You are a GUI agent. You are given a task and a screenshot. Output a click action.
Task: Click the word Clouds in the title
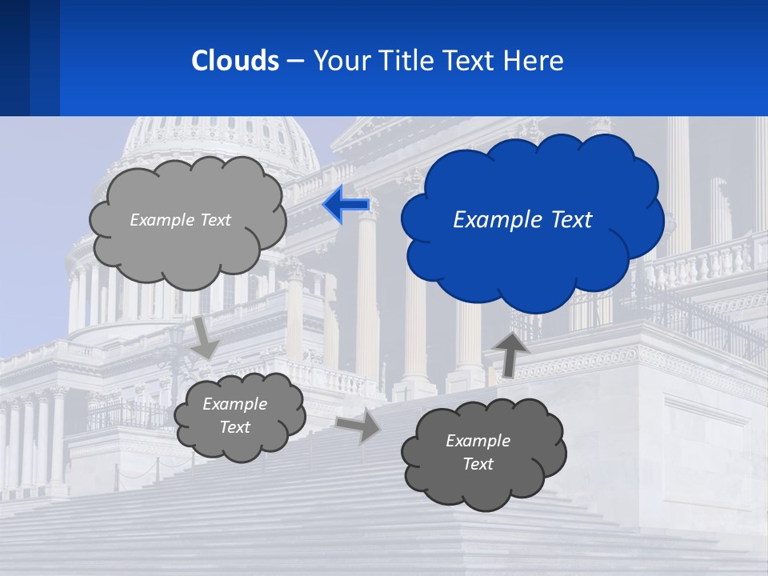point(235,61)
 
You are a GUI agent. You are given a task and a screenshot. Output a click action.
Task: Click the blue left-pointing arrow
point(346,206)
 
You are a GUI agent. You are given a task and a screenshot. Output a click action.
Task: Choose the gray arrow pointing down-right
point(205,339)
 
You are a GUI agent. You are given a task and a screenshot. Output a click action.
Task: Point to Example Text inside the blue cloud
point(522,220)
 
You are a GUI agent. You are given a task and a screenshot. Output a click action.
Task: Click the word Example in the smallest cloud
point(234,404)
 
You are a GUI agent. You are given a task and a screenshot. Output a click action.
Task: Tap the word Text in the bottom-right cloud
point(478,464)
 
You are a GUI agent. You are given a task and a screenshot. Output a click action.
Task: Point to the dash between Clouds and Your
point(294,62)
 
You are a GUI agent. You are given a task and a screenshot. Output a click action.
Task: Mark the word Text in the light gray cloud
point(214,220)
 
